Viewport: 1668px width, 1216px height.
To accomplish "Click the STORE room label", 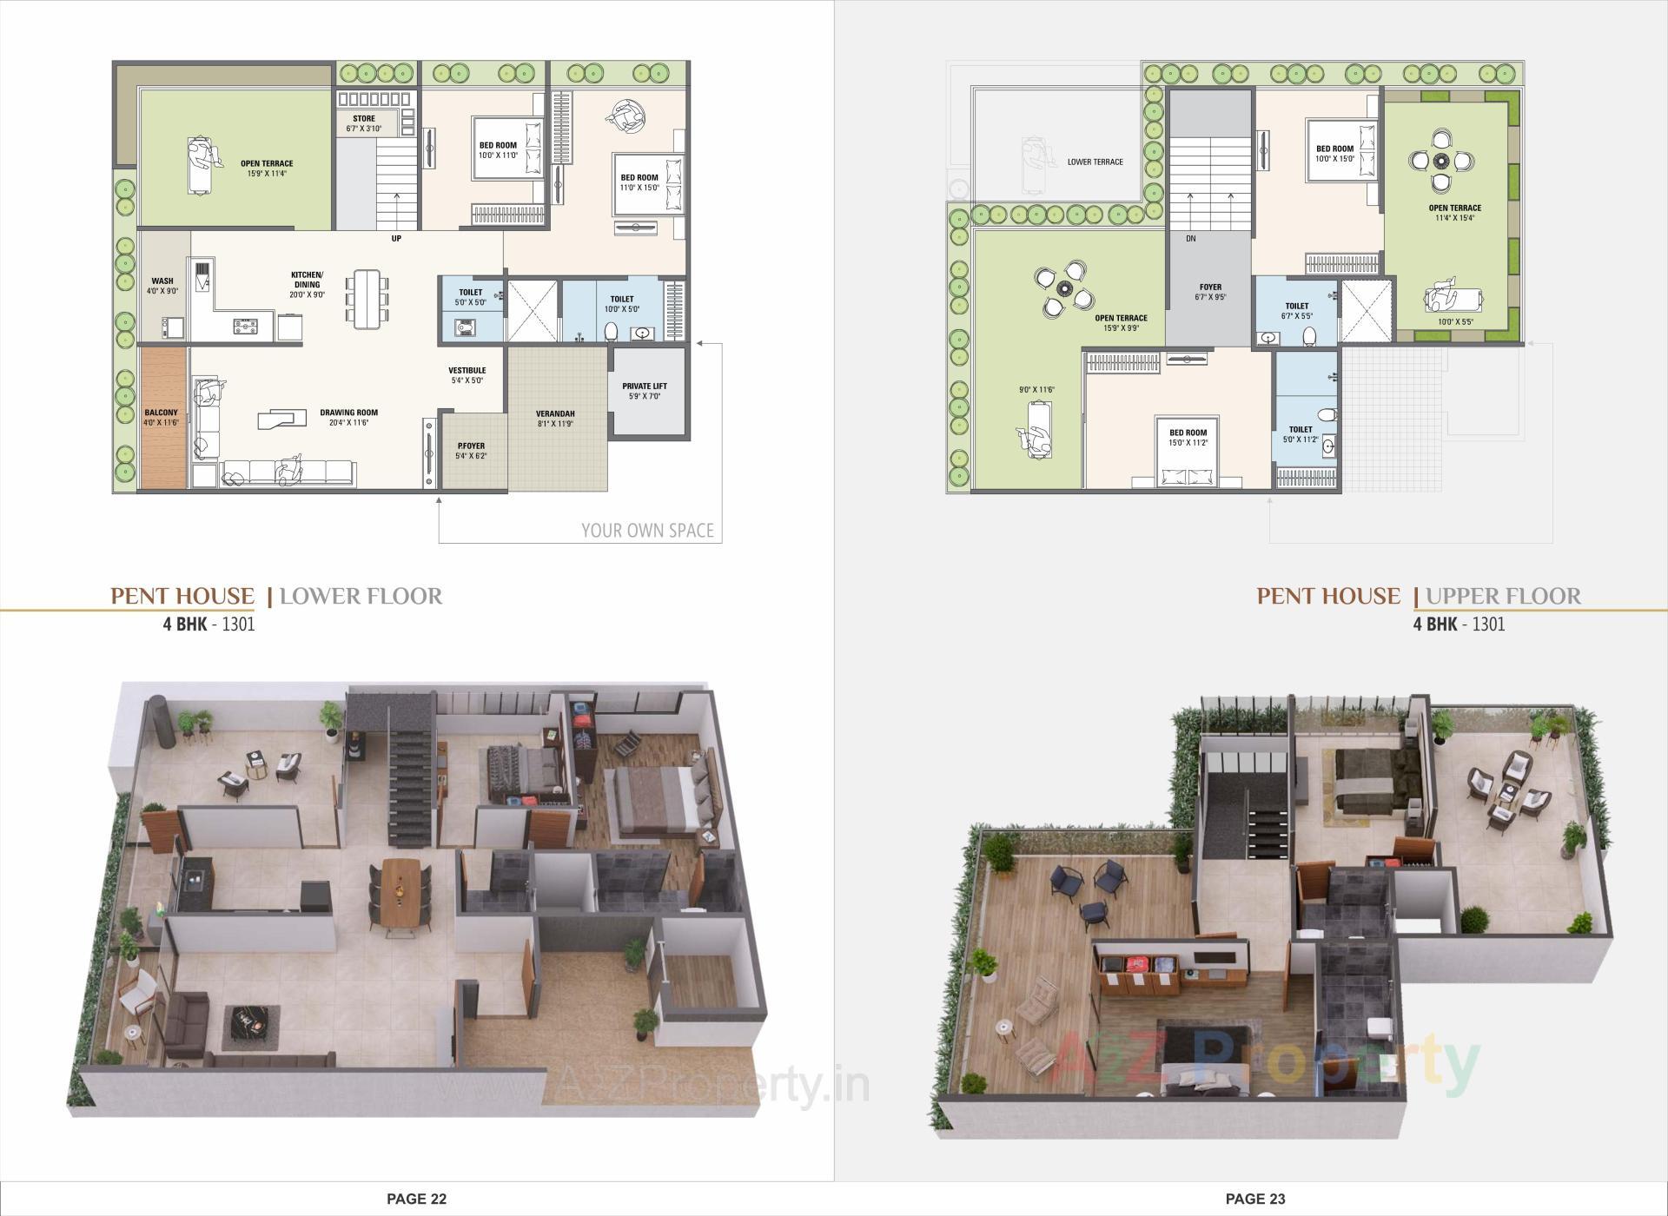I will click(364, 119).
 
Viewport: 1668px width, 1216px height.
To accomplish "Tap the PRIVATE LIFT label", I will click(645, 387).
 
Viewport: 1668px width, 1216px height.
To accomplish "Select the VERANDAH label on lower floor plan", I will click(555, 414).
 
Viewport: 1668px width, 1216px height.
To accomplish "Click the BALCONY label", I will click(161, 413).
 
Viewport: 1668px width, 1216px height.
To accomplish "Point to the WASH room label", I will click(162, 281).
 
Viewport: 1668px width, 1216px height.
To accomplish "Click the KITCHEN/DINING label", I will click(307, 280).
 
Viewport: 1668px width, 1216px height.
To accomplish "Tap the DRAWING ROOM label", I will click(348, 413).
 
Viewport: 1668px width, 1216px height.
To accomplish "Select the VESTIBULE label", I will click(467, 371).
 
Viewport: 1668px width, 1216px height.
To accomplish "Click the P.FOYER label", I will click(472, 446).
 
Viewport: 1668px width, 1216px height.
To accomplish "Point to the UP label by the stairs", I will click(396, 238).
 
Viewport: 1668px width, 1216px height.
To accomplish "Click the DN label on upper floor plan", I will click(1190, 238).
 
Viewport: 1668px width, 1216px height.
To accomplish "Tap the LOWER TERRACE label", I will click(1095, 162).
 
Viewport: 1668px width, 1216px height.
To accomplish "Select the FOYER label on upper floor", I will click(1210, 287).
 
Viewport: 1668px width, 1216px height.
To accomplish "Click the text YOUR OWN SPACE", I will click(647, 531).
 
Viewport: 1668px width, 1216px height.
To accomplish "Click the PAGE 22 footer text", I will click(416, 1199).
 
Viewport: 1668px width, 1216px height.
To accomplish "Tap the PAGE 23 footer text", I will click(1254, 1199).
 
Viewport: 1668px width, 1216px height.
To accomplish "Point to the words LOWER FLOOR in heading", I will click(361, 597).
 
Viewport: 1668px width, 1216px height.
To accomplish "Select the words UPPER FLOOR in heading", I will click(1503, 597).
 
